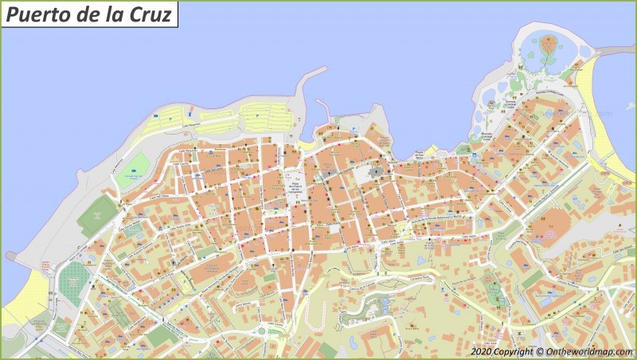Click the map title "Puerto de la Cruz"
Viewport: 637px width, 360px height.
[88, 14]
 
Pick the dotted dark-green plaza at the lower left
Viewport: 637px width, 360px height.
[74, 279]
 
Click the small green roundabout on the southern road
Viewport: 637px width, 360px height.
[260, 331]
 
